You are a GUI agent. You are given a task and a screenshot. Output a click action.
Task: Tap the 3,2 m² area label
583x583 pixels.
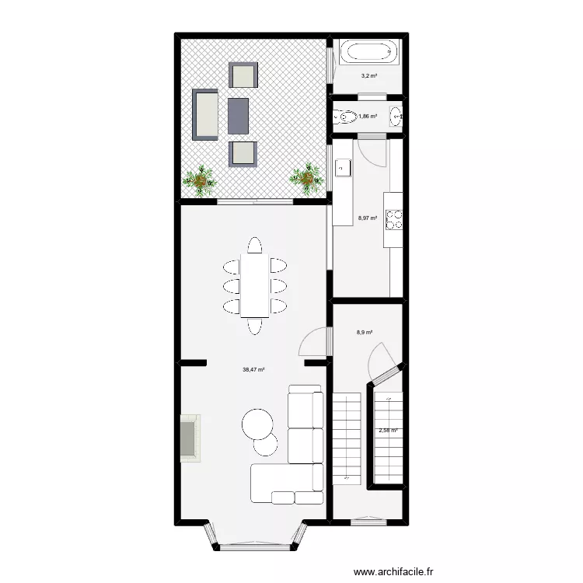368,76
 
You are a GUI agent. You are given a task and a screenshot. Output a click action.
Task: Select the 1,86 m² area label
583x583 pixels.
368,117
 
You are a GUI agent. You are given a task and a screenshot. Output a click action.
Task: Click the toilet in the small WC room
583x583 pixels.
345,118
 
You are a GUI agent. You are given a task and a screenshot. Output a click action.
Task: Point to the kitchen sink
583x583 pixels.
343,167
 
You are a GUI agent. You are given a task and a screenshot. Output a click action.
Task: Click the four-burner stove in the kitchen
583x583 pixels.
394,220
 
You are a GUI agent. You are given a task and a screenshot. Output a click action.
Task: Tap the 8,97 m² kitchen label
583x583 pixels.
367,218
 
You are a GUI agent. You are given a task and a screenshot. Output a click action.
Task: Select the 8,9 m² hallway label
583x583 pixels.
365,333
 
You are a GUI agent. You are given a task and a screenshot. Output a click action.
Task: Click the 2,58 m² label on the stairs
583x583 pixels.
388,430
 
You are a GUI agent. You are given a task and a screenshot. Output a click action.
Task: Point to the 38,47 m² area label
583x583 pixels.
253,370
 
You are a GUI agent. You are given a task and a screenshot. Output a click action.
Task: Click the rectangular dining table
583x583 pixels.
254,285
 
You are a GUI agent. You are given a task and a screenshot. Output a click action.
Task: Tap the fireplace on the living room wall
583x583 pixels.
190,438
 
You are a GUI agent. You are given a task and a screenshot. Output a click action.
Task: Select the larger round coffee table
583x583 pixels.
257,424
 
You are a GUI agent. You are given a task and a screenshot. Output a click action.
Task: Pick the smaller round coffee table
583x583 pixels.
266,445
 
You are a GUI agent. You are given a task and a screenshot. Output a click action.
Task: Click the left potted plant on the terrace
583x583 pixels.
203,180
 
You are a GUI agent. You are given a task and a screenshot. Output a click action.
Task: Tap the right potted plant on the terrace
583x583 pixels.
307,178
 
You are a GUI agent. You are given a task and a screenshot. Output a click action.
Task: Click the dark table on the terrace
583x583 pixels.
238,116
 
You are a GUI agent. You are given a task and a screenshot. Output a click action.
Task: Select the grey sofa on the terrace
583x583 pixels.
206,114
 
